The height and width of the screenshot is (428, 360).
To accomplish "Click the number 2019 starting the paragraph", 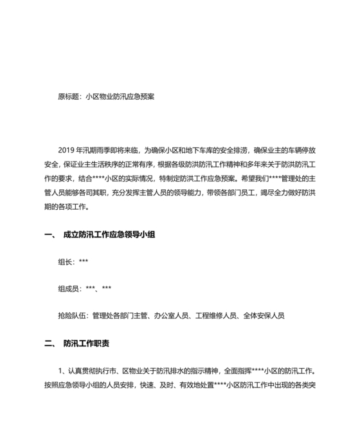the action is pos(67,149).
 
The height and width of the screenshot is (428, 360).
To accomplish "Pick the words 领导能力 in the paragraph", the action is pos(195,192).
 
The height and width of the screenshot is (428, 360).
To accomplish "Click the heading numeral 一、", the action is pos(51,236).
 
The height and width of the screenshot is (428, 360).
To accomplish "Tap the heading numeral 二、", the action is pos(51,344).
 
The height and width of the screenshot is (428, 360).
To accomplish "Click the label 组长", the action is pos(66,262).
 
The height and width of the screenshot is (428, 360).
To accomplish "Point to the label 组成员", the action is pos(69,288).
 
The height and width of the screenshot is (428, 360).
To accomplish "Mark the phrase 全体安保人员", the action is pos(264,316).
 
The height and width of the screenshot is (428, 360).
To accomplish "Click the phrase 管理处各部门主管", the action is pos(121,316).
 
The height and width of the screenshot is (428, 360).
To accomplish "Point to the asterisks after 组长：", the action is pos(84,262).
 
